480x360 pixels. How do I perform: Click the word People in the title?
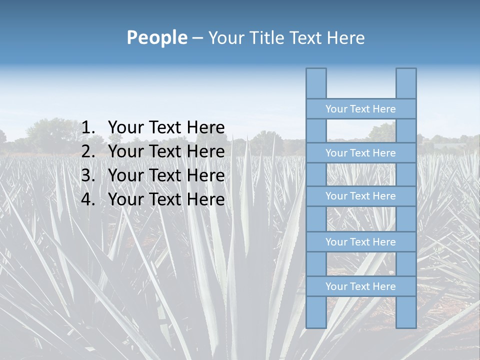click(156, 37)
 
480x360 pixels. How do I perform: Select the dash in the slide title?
click(197, 38)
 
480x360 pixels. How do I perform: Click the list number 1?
click(88, 128)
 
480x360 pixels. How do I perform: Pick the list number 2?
click(88, 151)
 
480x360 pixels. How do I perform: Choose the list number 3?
click(88, 175)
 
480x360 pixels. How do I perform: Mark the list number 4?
click(88, 199)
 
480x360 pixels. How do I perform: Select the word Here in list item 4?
click(205, 199)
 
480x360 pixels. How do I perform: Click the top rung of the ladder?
click(360, 108)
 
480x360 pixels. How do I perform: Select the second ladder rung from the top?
click(360, 152)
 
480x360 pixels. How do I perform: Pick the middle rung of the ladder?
click(360, 196)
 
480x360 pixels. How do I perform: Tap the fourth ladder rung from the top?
click(360, 241)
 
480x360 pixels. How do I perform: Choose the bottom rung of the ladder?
click(360, 286)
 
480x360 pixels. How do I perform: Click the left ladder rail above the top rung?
click(316, 83)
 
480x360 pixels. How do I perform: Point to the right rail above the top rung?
click(406, 83)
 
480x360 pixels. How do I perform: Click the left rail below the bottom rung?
click(316, 312)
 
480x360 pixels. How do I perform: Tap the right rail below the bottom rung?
click(406, 312)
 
